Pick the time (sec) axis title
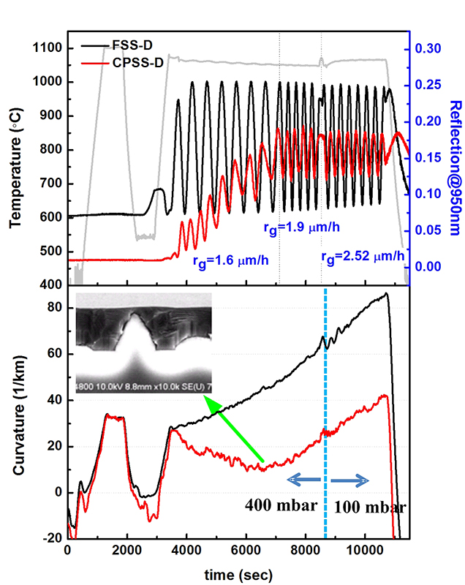point(238,570)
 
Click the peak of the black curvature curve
point(386,294)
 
